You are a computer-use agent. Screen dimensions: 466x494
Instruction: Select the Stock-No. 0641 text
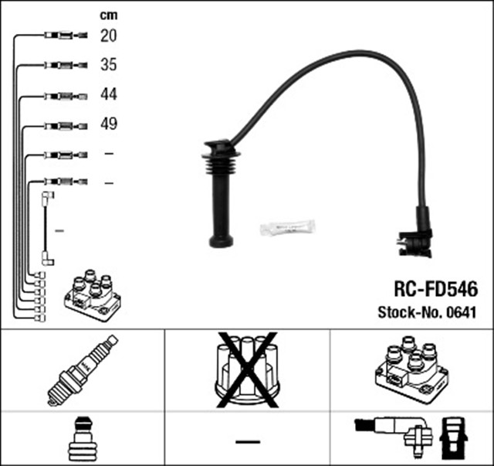point(426,312)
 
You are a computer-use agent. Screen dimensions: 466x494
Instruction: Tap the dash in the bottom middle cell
point(247,440)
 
